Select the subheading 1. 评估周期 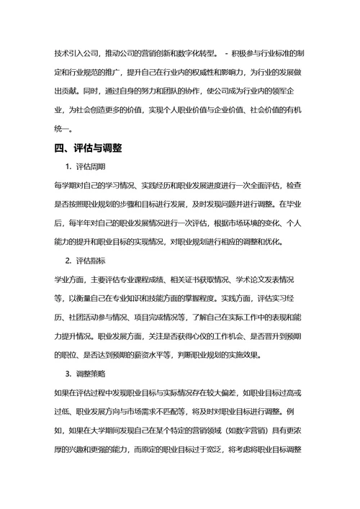84,167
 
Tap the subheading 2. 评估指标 84,260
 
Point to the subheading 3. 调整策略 84,374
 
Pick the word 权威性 207,73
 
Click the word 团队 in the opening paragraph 155,91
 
